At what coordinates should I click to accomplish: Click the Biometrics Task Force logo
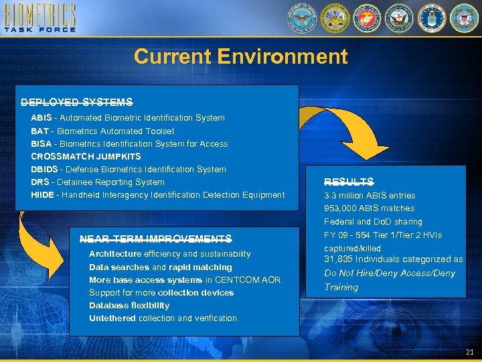pos(39,18)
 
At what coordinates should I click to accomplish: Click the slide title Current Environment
pos(240,56)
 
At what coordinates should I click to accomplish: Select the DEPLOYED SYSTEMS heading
pos(76,103)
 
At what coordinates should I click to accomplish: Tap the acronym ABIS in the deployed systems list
pos(41,118)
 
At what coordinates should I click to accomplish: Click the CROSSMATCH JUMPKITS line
pos(86,156)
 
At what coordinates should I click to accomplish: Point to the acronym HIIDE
pos(42,195)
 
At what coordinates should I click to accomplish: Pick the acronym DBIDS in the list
pos(45,170)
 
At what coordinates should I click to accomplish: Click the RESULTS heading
pos(349,182)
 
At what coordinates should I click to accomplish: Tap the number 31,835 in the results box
pos(339,259)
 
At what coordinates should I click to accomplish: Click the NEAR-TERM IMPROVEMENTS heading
pos(155,239)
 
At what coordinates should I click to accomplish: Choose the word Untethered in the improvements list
pos(112,318)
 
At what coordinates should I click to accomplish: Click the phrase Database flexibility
pos(129,306)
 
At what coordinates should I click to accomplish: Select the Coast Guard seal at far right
pos(463,18)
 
